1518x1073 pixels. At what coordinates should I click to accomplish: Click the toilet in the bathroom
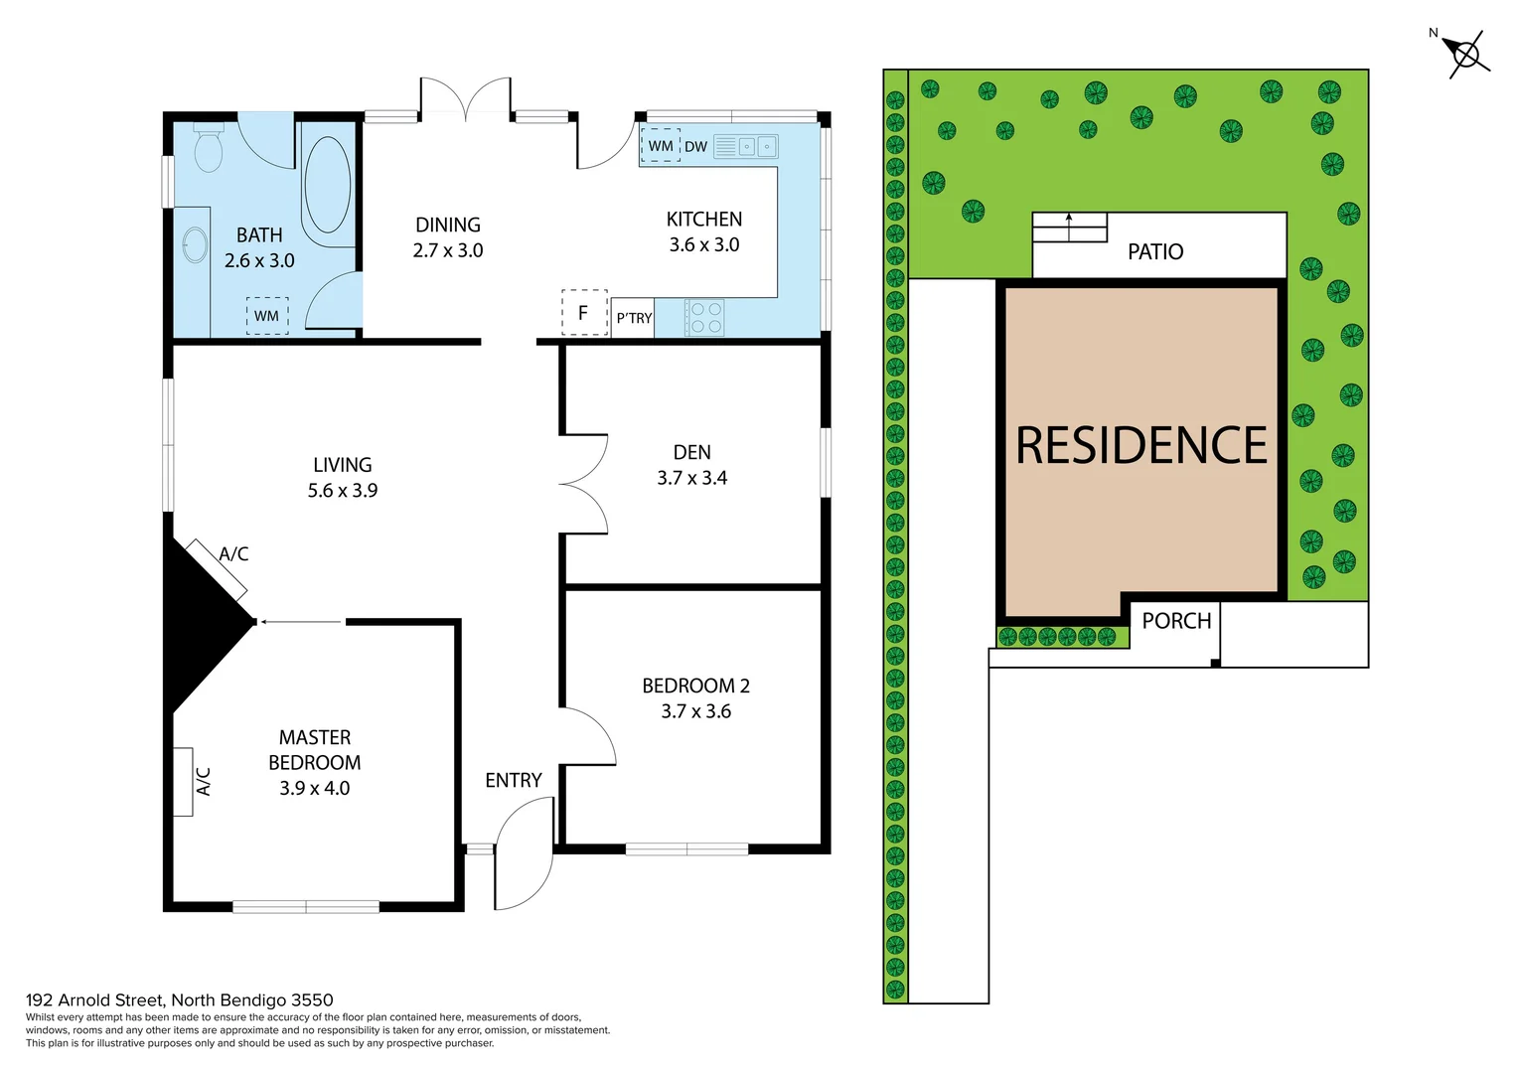(209, 148)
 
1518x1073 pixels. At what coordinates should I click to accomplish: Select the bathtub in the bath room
(327, 186)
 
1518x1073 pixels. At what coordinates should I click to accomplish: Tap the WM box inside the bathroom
(266, 316)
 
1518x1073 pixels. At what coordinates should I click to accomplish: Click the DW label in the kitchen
(695, 147)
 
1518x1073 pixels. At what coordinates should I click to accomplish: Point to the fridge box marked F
(583, 313)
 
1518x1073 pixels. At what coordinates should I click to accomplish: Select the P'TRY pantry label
(634, 319)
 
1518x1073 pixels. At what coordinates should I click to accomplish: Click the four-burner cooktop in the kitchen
(705, 318)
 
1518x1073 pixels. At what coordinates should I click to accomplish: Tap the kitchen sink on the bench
(746, 147)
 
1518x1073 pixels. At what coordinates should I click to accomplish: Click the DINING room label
(448, 226)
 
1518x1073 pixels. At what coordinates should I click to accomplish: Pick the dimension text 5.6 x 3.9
(343, 491)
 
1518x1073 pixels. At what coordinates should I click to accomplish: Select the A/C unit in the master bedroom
(184, 782)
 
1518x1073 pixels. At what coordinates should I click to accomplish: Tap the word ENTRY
(514, 781)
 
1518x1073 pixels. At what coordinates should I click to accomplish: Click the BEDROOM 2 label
(695, 687)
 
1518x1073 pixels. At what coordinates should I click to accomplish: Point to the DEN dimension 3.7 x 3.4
(691, 479)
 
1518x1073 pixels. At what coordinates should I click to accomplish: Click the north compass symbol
(1465, 54)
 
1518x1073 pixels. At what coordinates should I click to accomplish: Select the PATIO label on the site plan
(1155, 252)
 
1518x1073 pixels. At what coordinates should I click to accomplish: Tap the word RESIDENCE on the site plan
(1141, 446)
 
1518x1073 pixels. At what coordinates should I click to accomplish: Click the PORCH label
(1176, 622)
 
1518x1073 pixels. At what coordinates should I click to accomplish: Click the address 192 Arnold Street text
(180, 1000)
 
